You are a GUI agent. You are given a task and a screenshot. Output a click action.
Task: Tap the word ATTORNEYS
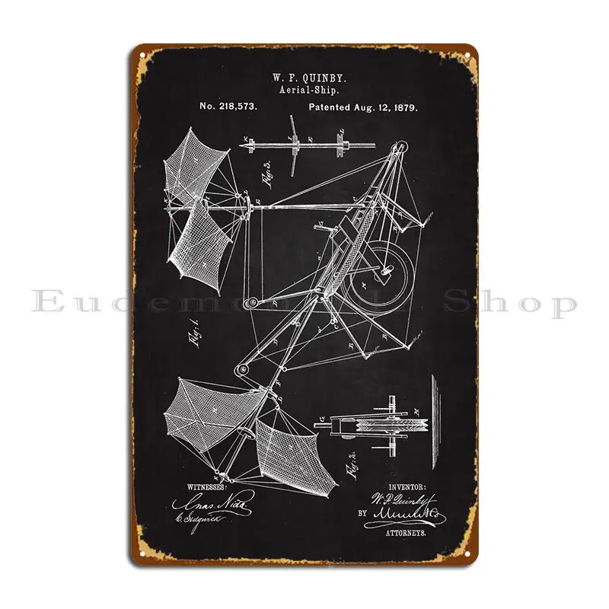point(407,535)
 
